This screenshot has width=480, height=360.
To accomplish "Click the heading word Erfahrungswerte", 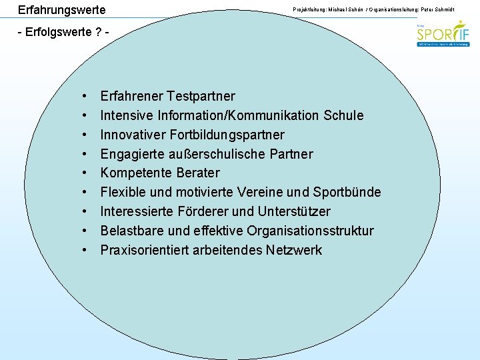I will (61, 11).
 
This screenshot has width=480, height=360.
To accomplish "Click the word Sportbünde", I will (346, 193).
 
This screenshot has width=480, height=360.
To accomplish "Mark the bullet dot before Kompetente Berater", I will (86, 173).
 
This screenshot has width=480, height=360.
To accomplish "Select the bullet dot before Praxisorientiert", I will (86, 251).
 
